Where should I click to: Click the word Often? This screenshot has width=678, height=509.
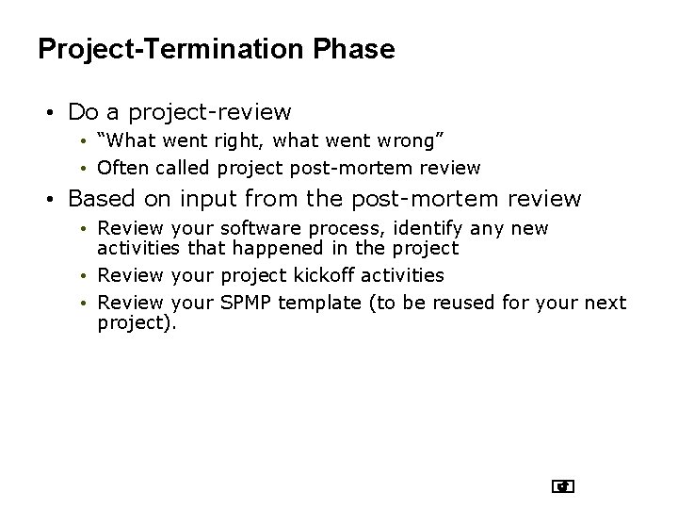pyautogui.click(x=120, y=168)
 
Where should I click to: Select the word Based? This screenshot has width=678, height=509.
pyautogui.click(x=101, y=199)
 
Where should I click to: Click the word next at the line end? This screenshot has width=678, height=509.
pyautogui.click(x=605, y=303)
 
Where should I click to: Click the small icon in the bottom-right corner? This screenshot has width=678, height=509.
pyautogui.click(x=563, y=486)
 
